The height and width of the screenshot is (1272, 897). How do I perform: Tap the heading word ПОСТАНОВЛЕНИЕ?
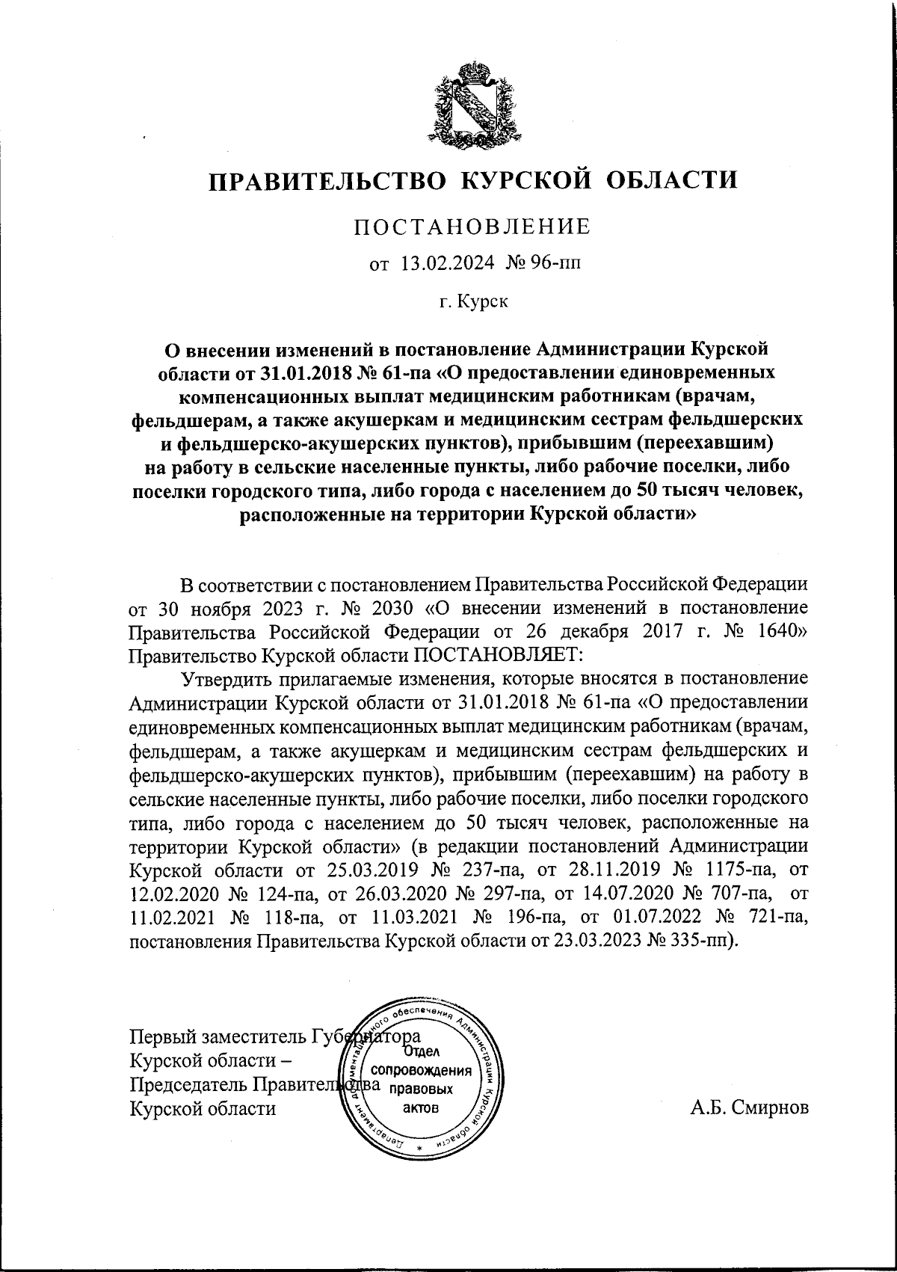coord(472,227)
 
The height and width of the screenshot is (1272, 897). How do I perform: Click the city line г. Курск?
coord(473,302)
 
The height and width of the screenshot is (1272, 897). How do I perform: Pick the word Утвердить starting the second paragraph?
coord(226,680)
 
